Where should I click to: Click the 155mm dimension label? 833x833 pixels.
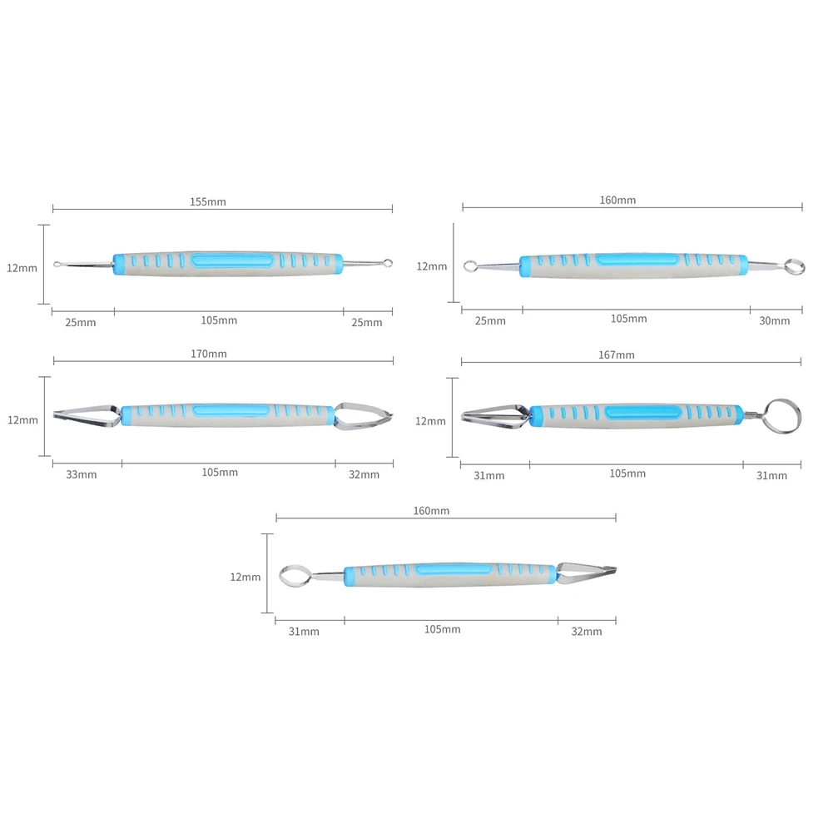pyautogui.click(x=208, y=202)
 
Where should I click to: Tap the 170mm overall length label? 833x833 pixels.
pyautogui.click(x=209, y=354)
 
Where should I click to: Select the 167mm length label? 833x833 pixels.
pyautogui.click(x=617, y=355)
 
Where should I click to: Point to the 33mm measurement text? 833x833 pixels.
pyautogui.click(x=82, y=474)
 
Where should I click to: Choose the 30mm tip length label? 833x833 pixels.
pyautogui.click(x=775, y=321)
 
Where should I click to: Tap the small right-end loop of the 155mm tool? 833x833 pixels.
pyautogui.click(x=388, y=263)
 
